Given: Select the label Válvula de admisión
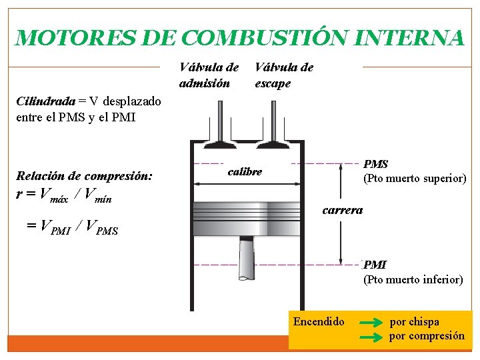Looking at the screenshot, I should pos(209,75).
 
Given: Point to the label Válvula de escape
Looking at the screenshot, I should pos(284,75).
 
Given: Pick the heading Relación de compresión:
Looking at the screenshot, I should pos(84,177).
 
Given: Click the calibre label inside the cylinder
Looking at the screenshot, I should pos(245,172).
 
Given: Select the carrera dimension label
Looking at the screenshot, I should pos(343,210).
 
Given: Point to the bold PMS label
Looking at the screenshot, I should pos(376,164).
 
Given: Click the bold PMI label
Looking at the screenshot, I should pos(375,265).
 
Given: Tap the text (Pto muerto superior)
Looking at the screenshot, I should pos(414,179).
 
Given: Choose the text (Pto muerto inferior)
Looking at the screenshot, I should pos(413,280).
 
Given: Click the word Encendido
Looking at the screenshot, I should pos(319,322).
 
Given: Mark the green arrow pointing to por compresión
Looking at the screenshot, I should pos(370,337).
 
